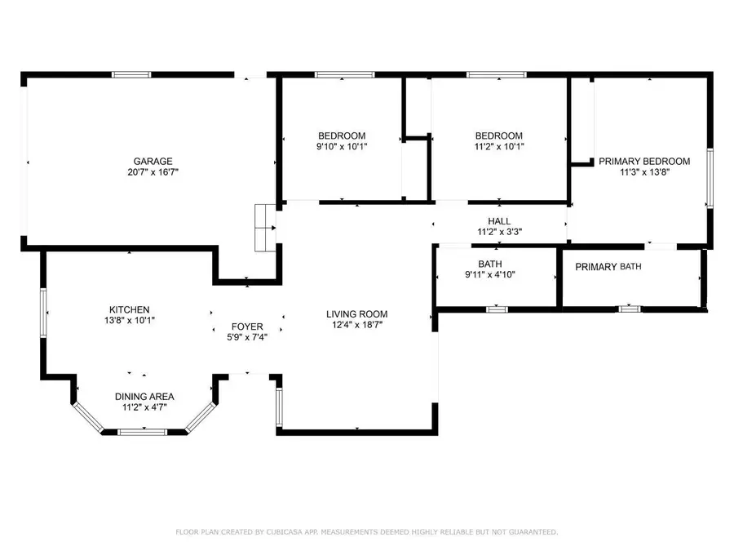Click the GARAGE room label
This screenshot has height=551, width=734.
[x=153, y=161]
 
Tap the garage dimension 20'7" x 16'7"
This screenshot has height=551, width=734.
[x=153, y=172]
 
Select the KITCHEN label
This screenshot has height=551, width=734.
[x=130, y=309]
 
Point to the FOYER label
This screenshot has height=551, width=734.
[x=247, y=327]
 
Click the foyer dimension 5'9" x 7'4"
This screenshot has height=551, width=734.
[x=247, y=337]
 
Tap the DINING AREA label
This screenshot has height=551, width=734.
[x=144, y=397]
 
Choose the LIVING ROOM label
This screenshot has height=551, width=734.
[x=356, y=313]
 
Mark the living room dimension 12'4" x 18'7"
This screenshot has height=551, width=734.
[x=356, y=325]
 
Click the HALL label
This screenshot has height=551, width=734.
[x=499, y=221]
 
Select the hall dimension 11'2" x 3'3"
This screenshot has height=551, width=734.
[x=499, y=232]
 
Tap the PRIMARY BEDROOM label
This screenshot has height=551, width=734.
[x=644, y=161]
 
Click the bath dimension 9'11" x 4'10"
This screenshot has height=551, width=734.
[x=490, y=274]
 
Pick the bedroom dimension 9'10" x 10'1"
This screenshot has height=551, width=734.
[x=342, y=147]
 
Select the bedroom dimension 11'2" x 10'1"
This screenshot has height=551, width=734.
[x=499, y=147]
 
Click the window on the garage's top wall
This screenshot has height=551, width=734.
[x=131, y=75]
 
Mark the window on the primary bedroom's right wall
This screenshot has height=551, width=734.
[x=710, y=177]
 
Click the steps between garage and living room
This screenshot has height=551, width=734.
[x=264, y=227]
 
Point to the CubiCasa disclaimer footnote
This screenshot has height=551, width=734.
[x=367, y=532]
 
